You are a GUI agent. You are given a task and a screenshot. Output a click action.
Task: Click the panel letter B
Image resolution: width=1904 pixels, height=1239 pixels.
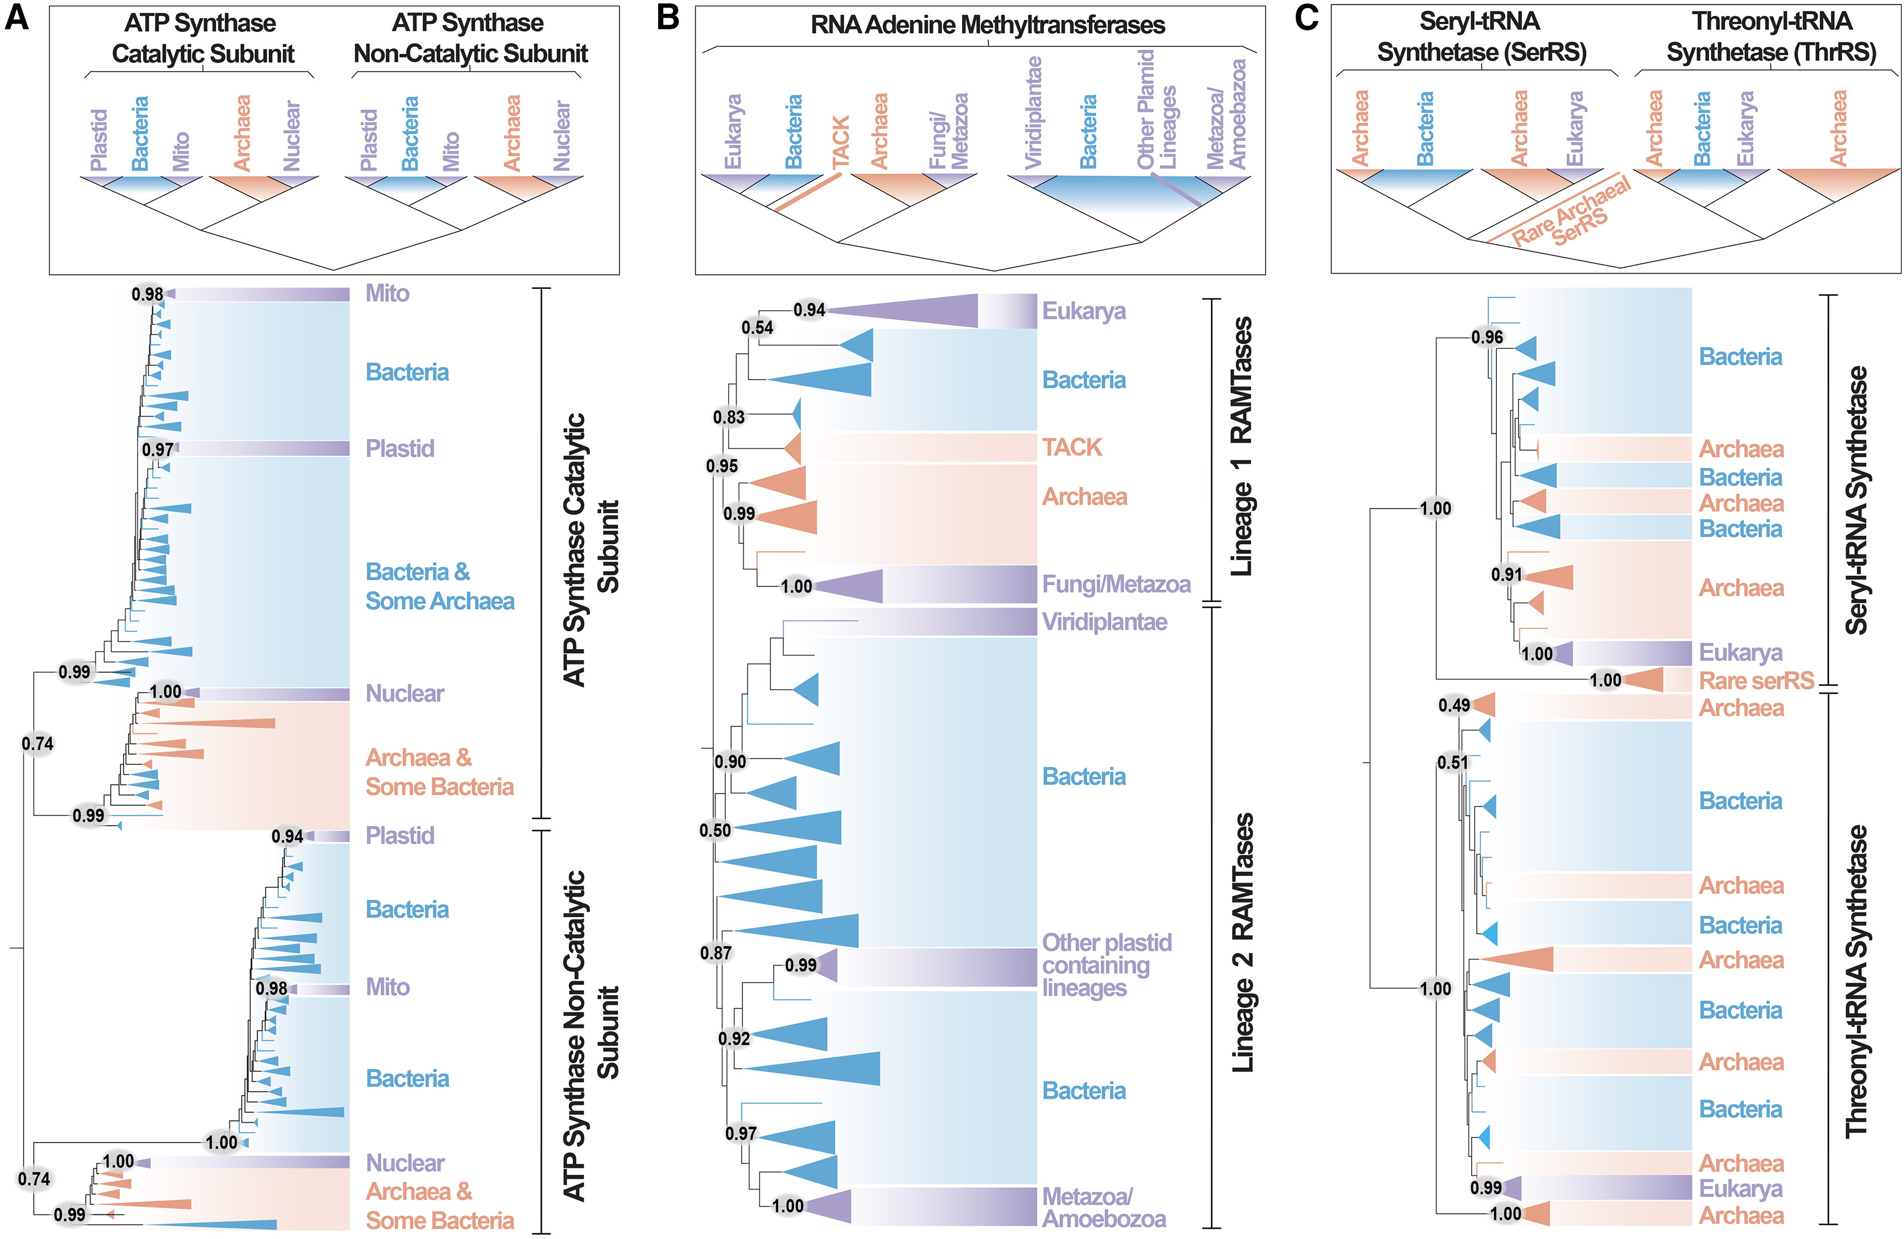tap(667, 18)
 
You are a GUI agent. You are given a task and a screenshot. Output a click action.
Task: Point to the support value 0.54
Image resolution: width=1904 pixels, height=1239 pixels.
tap(757, 327)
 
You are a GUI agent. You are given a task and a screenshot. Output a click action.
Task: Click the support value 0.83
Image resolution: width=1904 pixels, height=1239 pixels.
tap(729, 417)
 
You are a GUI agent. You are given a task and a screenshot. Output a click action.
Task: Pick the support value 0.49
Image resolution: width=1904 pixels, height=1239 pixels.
tap(1453, 705)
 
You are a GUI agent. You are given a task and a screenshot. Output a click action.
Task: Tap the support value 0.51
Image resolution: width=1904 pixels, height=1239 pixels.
tap(1453, 763)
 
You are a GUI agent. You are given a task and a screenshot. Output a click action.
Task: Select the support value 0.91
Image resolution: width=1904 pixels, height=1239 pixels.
tap(1506, 574)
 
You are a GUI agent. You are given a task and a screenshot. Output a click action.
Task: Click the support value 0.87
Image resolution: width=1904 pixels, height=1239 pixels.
tap(716, 953)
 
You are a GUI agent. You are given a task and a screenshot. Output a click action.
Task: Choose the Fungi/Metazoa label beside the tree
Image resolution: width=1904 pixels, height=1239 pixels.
tap(1116, 585)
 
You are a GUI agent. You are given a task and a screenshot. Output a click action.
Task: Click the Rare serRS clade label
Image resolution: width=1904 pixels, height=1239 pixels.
tap(1756, 681)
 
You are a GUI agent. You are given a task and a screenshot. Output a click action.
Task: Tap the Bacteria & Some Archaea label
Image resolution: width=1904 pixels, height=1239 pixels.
tap(439, 587)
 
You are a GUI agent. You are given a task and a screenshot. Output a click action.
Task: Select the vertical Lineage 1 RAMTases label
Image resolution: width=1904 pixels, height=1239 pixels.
tap(1241, 446)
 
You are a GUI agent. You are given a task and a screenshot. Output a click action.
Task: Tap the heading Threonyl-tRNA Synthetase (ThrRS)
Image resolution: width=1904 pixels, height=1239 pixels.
tap(1771, 37)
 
